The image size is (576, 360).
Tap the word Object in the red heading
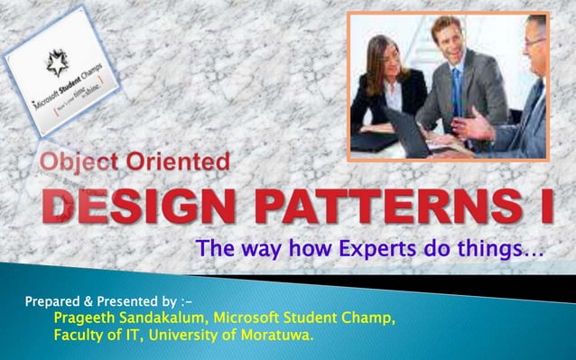pos(81,164)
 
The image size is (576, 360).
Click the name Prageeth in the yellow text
pos(88,318)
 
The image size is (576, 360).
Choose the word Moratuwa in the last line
pos(274,337)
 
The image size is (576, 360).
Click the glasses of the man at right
pos(533,42)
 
